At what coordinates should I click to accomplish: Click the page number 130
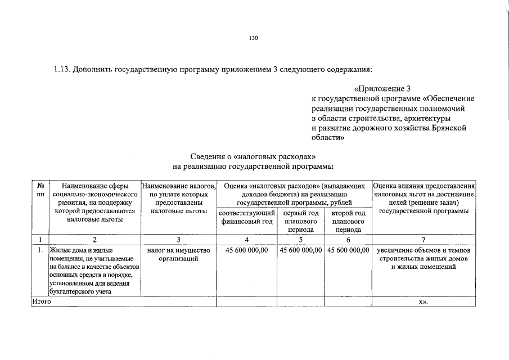[x=254, y=38]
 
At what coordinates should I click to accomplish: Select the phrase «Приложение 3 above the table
[x=384, y=89]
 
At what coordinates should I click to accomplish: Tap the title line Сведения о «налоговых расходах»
[x=254, y=156]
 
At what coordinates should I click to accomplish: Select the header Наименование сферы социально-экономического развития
[x=95, y=202]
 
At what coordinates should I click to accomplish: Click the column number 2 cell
[x=95, y=239]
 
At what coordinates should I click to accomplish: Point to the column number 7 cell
[x=424, y=239]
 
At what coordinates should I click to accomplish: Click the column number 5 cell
[x=301, y=239]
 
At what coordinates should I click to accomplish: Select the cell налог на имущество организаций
[x=178, y=254]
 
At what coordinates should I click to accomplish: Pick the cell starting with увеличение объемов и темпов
[x=424, y=258]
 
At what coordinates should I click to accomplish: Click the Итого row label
[x=42, y=302]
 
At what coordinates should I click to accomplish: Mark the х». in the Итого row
[x=424, y=302]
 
